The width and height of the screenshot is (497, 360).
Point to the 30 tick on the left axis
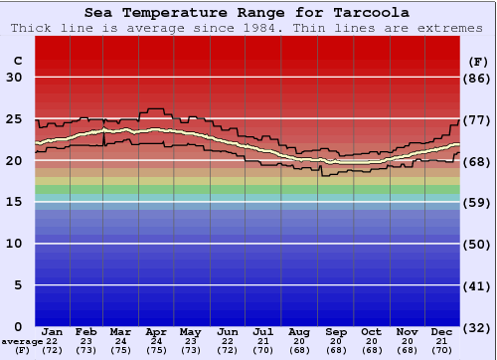click(x=14, y=78)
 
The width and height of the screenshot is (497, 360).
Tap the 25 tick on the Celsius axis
click(x=14, y=118)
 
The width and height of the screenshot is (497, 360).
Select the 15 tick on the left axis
click(x=14, y=202)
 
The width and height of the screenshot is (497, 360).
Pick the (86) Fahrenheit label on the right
click(x=478, y=78)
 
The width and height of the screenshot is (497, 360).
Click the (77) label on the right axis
click(x=478, y=119)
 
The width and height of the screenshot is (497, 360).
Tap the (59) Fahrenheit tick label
click(x=478, y=202)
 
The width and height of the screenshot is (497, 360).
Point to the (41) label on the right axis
click(x=478, y=285)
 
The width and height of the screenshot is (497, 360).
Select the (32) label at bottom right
click(x=478, y=327)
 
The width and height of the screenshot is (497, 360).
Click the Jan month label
click(x=53, y=331)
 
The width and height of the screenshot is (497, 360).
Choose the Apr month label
click(x=156, y=331)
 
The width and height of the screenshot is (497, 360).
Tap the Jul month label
click(x=262, y=331)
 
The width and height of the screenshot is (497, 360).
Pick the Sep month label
click(x=335, y=331)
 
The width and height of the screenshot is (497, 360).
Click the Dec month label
click(x=442, y=331)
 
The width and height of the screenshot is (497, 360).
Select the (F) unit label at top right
click(x=478, y=61)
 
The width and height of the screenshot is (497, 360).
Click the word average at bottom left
click(x=21, y=341)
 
